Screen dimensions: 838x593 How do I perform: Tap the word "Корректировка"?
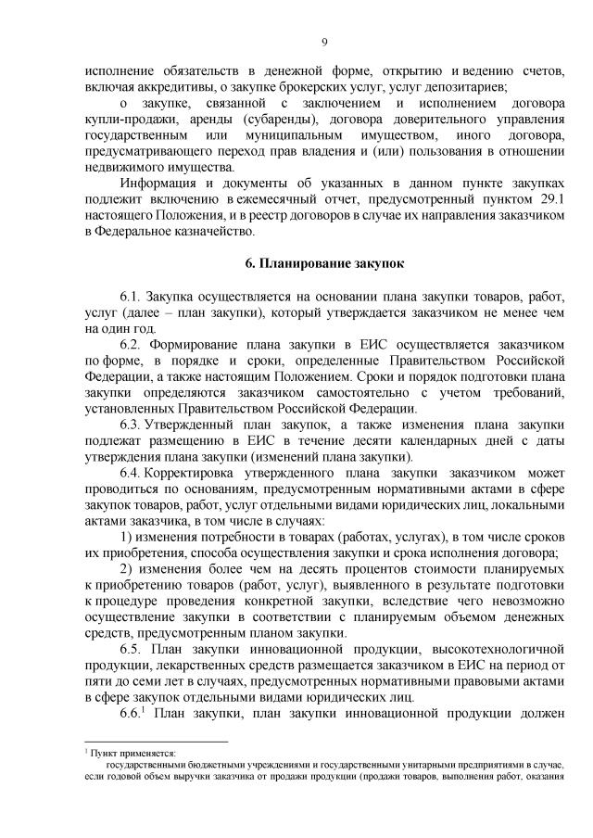[197, 472]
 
